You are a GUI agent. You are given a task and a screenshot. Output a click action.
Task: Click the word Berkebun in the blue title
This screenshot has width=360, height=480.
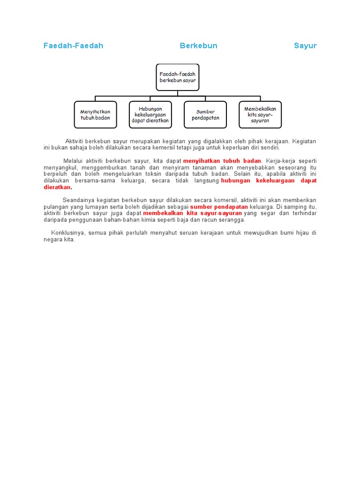pos(198,45)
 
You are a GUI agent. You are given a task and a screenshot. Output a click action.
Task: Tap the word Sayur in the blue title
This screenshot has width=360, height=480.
pos(305,45)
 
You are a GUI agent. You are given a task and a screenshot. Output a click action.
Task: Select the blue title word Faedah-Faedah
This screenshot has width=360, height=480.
pos(73,45)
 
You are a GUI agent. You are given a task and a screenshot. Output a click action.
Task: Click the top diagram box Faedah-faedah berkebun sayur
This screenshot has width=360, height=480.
pos(178,77)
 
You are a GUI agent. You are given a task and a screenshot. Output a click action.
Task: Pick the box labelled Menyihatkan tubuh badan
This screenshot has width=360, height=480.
pos(95,115)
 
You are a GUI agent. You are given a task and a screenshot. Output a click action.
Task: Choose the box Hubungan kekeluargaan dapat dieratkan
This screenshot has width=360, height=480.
pos(150,115)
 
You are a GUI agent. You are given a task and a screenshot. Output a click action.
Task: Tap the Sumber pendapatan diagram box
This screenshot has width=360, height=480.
pos(205,115)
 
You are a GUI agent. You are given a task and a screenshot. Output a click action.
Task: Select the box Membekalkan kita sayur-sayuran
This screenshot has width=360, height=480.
pos(260,115)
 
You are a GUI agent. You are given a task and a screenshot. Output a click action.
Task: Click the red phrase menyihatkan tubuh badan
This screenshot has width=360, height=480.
pos(222,161)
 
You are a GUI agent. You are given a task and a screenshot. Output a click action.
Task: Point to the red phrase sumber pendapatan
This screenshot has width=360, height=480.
pos(219,207)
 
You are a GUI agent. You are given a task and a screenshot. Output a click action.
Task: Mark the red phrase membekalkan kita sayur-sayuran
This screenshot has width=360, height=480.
pos(193,213)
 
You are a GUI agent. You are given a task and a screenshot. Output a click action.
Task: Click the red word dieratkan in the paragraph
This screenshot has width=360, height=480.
pos(57,187)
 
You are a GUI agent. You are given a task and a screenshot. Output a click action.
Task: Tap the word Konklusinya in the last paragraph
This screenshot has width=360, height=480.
pos(67,233)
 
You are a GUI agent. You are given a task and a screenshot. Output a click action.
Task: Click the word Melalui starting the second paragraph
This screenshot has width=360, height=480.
pos(73,161)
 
